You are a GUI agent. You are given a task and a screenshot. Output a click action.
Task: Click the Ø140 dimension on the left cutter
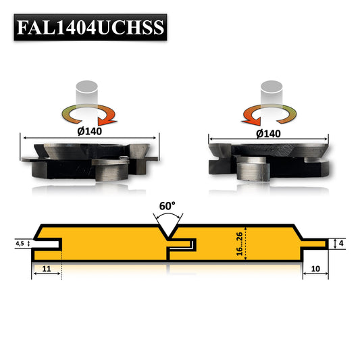point(89,131)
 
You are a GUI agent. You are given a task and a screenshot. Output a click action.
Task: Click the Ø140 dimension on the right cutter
point(269,134)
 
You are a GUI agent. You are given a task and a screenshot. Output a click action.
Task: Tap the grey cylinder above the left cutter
point(88,92)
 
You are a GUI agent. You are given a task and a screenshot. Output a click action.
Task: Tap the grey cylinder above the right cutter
point(272,93)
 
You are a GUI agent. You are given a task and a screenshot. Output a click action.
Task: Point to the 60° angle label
point(168,204)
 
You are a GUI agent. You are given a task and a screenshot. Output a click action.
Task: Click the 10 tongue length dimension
point(314,269)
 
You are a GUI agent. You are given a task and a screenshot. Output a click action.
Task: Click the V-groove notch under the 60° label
point(169,231)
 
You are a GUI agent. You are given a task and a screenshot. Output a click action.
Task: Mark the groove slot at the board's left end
point(49,243)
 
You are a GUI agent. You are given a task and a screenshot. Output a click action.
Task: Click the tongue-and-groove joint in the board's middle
point(181,244)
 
